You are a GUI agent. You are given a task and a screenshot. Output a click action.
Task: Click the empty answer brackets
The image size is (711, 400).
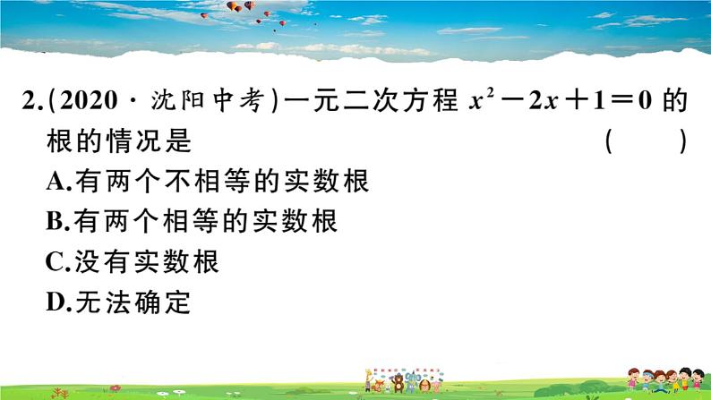pyautogui.click(x=646, y=142)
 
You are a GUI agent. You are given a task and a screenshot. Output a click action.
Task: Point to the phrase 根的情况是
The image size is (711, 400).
pyautogui.click(x=120, y=142)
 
